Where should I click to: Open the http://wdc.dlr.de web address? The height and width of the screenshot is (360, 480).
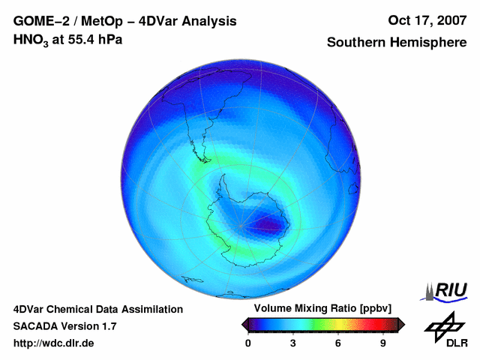tap(54, 343)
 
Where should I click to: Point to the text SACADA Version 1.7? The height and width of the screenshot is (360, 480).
tap(64, 326)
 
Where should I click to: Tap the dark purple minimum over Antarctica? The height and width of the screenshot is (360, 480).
tap(267, 223)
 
